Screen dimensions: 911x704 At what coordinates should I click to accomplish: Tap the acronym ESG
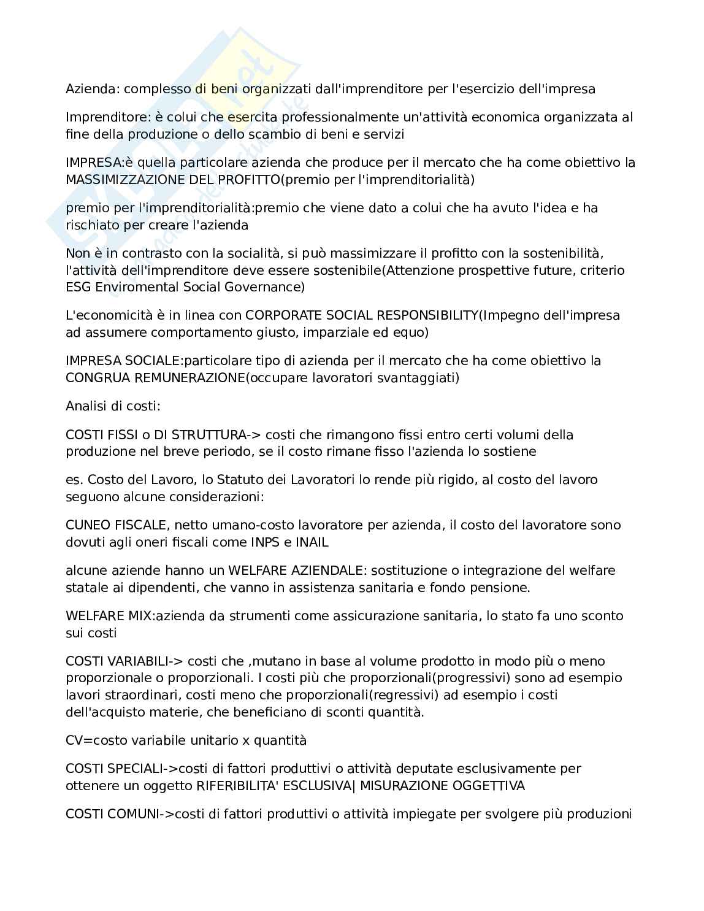click(x=78, y=286)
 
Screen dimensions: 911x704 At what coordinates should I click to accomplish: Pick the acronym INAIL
click(x=312, y=542)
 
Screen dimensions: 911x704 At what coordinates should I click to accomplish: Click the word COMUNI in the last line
click(x=134, y=814)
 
